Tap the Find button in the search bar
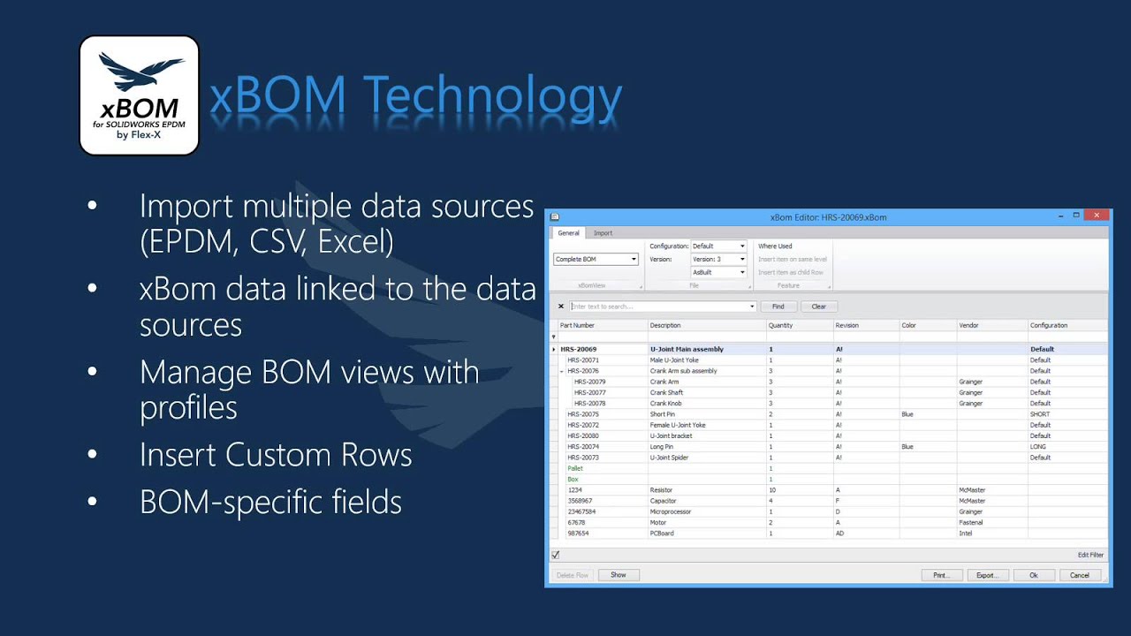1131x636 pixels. [x=778, y=307]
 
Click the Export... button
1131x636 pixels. [x=987, y=575]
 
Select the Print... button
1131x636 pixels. [x=941, y=575]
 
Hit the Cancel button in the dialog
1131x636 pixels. [x=1080, y=575]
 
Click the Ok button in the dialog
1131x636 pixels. [x=1034, y=575]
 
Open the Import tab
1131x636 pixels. [x=603, y=233]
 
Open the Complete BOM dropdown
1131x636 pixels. [x=596, y=259]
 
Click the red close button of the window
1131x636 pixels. [x=1097, y=216]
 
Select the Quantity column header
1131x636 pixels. [x=781, y=325]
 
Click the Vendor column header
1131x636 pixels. [x=969, y=325]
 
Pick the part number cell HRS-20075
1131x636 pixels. [x=583, y=414]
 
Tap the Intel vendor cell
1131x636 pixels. [x=966, y=534]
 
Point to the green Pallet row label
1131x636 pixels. [x=575, y=468]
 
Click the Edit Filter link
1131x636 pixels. [x=1090, y=555]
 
